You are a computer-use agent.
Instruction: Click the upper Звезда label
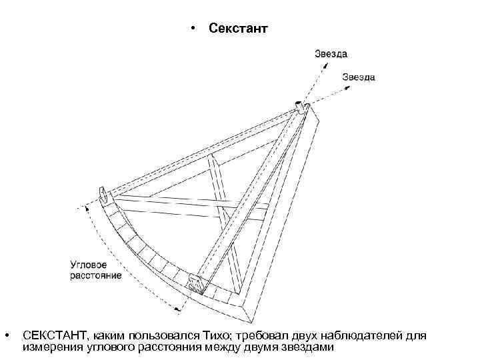click(x=331, y=53)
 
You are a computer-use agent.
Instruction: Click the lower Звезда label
click(x=359, y=77)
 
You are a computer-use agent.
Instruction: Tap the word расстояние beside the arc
click(x=96, y=275)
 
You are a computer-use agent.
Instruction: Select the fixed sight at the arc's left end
click(x=105, y=195)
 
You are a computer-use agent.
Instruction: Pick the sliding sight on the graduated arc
click(x=197, y=283)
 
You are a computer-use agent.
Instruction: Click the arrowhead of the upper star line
click(x=317, y=65)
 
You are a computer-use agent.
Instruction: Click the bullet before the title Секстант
click(x=192, y=29)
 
